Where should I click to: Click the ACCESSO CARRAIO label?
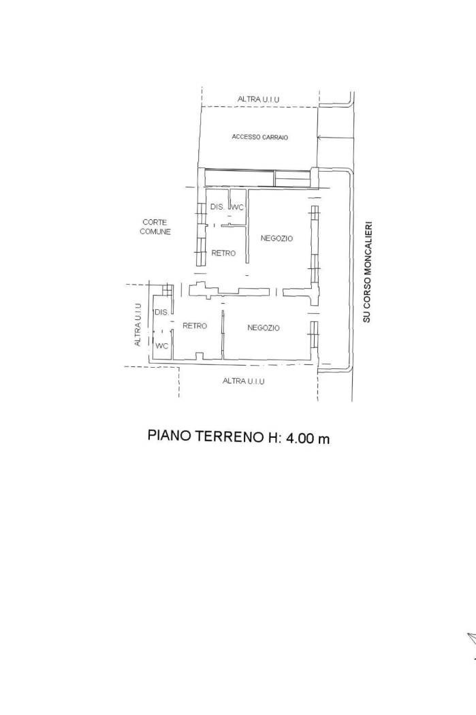(x=260, y=137)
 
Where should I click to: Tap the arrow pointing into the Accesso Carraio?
(x=336, y=137)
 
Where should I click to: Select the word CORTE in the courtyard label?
(x=155, y=222)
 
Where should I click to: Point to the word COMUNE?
(x=155, y=232)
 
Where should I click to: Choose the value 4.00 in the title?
(x=300, y=439)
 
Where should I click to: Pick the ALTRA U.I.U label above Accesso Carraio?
(x=259, y=99)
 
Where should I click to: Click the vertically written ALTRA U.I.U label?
(x=138, y=325)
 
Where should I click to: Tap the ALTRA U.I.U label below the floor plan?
(x=244, y=381)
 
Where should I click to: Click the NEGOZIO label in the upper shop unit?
(x=276, y=238)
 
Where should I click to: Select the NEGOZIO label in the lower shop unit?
(x=264, y=328)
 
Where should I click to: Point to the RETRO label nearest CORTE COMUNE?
(x=223, y=253)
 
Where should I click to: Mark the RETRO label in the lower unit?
(x=195, y=325)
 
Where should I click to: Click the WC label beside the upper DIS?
(x=238, y=208)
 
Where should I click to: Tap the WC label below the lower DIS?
(x=162, y=346)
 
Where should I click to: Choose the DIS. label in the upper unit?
(x=217, y=206)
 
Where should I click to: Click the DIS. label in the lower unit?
(x=162, y=313)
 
